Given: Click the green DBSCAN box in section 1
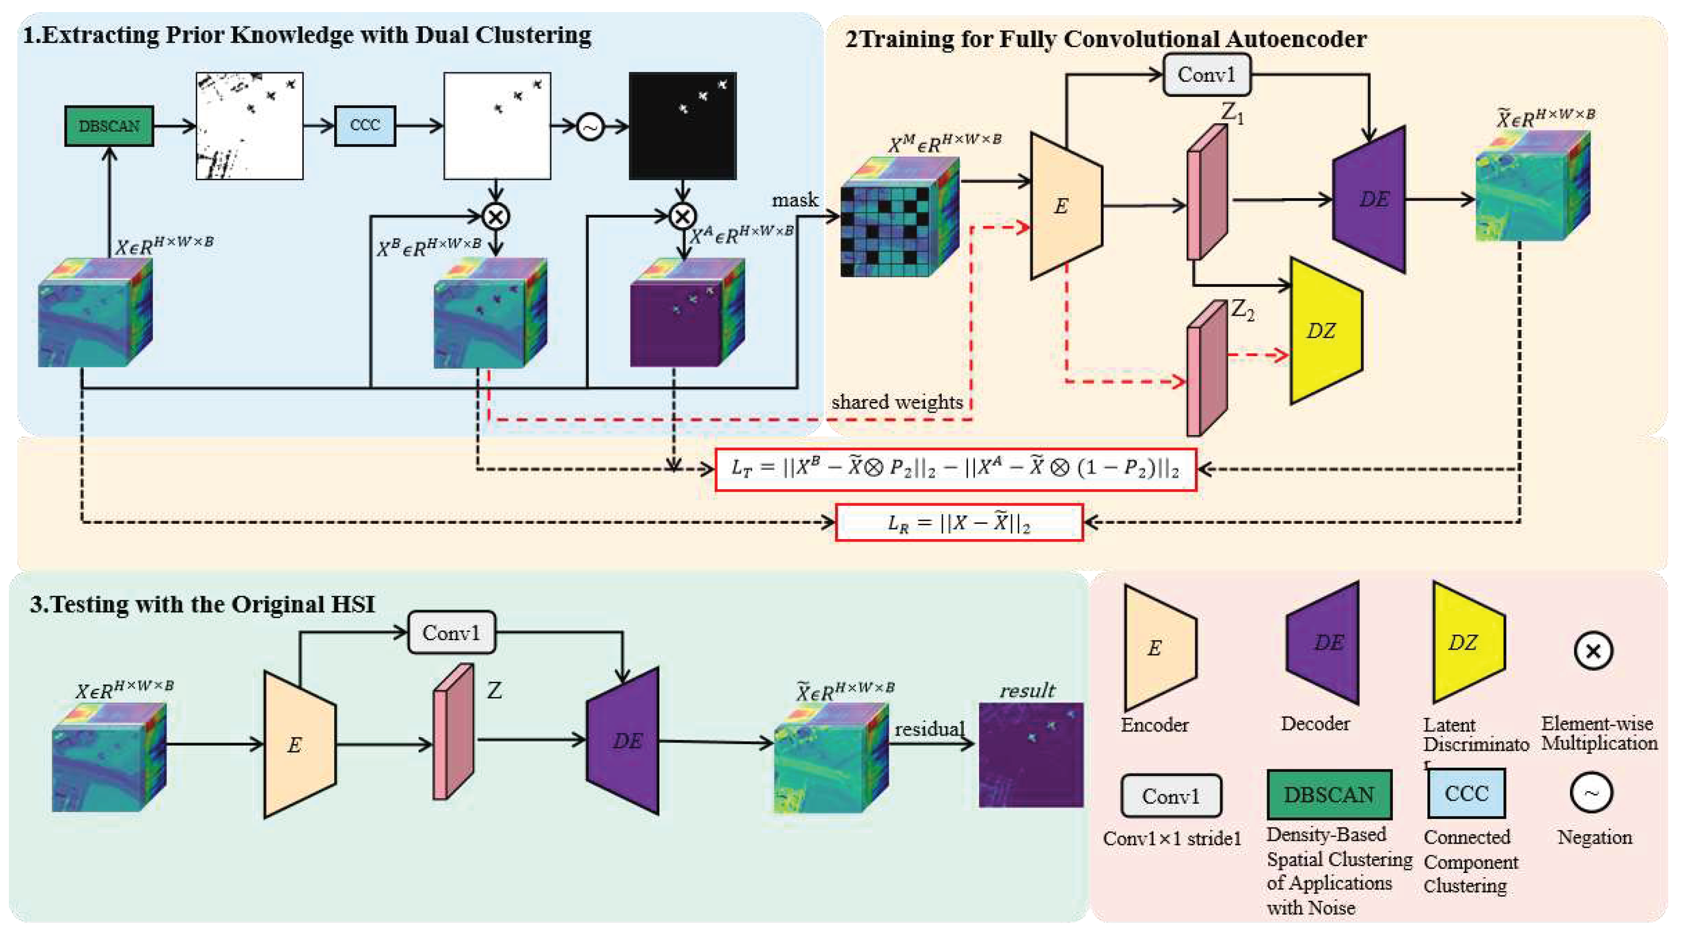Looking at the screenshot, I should [109, 125].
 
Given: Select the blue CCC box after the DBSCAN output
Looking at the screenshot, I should [365, 125].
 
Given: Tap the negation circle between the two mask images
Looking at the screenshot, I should [590, 127].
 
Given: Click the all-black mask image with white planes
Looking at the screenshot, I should [683, 125].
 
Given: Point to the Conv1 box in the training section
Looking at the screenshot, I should [1206, 75].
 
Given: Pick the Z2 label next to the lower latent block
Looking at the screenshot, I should [1243, 311].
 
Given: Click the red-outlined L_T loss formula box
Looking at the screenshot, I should [955, 469].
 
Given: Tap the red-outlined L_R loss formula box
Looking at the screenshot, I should [959, 522].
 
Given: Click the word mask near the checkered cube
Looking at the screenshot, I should [794, 200].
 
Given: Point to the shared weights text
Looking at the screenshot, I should [897, 402].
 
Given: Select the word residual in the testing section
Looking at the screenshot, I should [929, 729].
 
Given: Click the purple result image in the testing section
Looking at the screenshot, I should [1030, 755].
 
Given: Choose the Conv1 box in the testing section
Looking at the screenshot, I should [452, 633].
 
